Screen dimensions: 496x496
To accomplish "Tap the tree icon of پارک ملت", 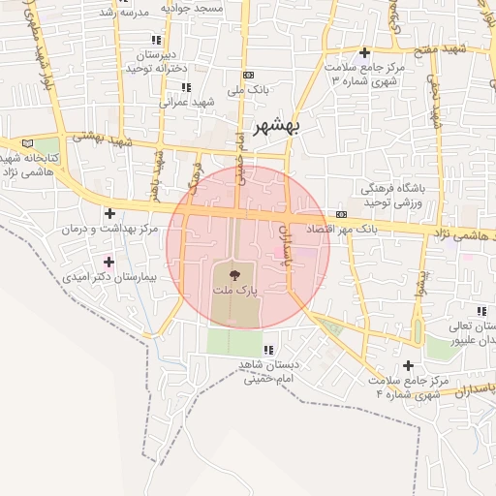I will click(x=236, y=276).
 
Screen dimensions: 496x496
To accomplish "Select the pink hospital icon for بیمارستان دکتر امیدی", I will click(x=108, y=262).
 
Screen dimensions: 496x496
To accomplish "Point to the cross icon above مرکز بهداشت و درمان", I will click(x=109, y=213).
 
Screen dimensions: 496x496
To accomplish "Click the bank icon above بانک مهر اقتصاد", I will click(x=341, y=214).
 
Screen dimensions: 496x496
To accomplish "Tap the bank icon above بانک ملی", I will click(x=249, y=75).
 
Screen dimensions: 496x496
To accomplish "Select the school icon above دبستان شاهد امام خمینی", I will click(x=268, y=350).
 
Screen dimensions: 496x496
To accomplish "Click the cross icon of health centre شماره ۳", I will click(x=364, y=52).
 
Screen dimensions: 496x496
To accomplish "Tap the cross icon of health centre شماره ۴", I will click(x=408, y=365).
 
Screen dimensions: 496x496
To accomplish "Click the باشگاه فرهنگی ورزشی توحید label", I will click(x=393, y=196).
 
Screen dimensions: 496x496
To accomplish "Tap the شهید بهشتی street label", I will click(x=108, y=142).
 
